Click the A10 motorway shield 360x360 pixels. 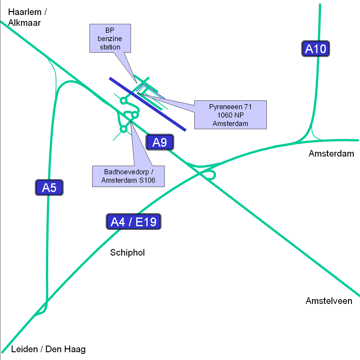[x=315, y=49]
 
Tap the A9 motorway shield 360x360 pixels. [x=160, y=142]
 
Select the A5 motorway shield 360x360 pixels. [x=49, y=188]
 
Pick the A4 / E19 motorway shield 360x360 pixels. [x=133, y=222]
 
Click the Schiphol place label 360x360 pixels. [x=127, y=253]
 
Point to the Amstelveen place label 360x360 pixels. [x=329, y=301]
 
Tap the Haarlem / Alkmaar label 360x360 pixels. [x=27, y=17]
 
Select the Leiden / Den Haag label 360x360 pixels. [x=48, y=349]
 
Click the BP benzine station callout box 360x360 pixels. [x=110, y=38]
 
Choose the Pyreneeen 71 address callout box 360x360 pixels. [x=230, y=115]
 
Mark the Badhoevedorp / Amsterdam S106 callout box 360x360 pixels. [x=128, y=176]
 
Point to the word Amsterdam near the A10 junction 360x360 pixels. [x=331, y=154]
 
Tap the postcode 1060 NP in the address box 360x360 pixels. [x=230, y=115]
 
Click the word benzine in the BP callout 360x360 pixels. [x=110, y=39]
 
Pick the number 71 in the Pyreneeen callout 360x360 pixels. [x=248, y=107]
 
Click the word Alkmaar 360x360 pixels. [x=24, y=23]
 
